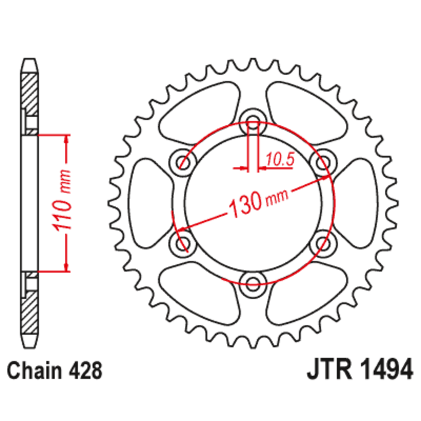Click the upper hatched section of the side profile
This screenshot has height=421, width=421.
click(x=29, y=92)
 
